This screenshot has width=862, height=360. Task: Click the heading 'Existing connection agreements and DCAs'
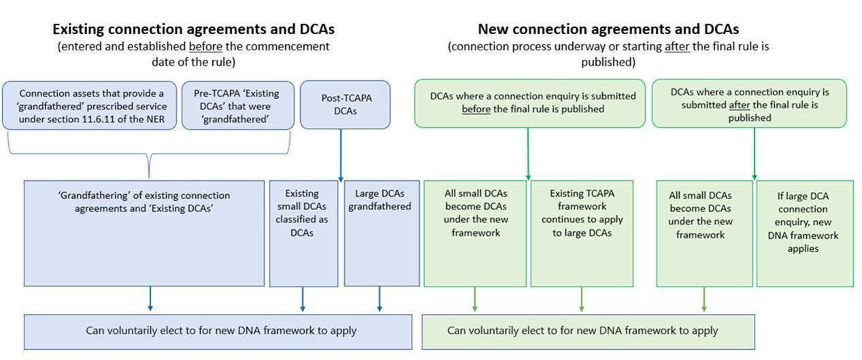pyautogui.click(x=193, y=29)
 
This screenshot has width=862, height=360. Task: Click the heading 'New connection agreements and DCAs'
pyautogui.click(x=608, y=29)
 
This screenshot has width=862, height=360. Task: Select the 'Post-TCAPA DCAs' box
pyautogui.click(x=346, y=105)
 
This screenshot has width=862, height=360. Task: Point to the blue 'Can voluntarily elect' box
pyautogui.click(x=218, y=331)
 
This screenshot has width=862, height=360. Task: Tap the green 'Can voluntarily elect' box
pyautogui.click(x=588, y=331)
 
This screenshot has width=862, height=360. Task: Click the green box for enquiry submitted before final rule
pyautogui.click(x=529, y=103)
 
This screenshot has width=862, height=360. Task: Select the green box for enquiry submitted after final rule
pyautogui.click(x=749, y=103)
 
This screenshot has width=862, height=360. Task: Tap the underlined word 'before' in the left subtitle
pyautogui.click(x=205, y=46)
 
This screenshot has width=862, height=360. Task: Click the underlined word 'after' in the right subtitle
pyautogui.click(x=678, y=46)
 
